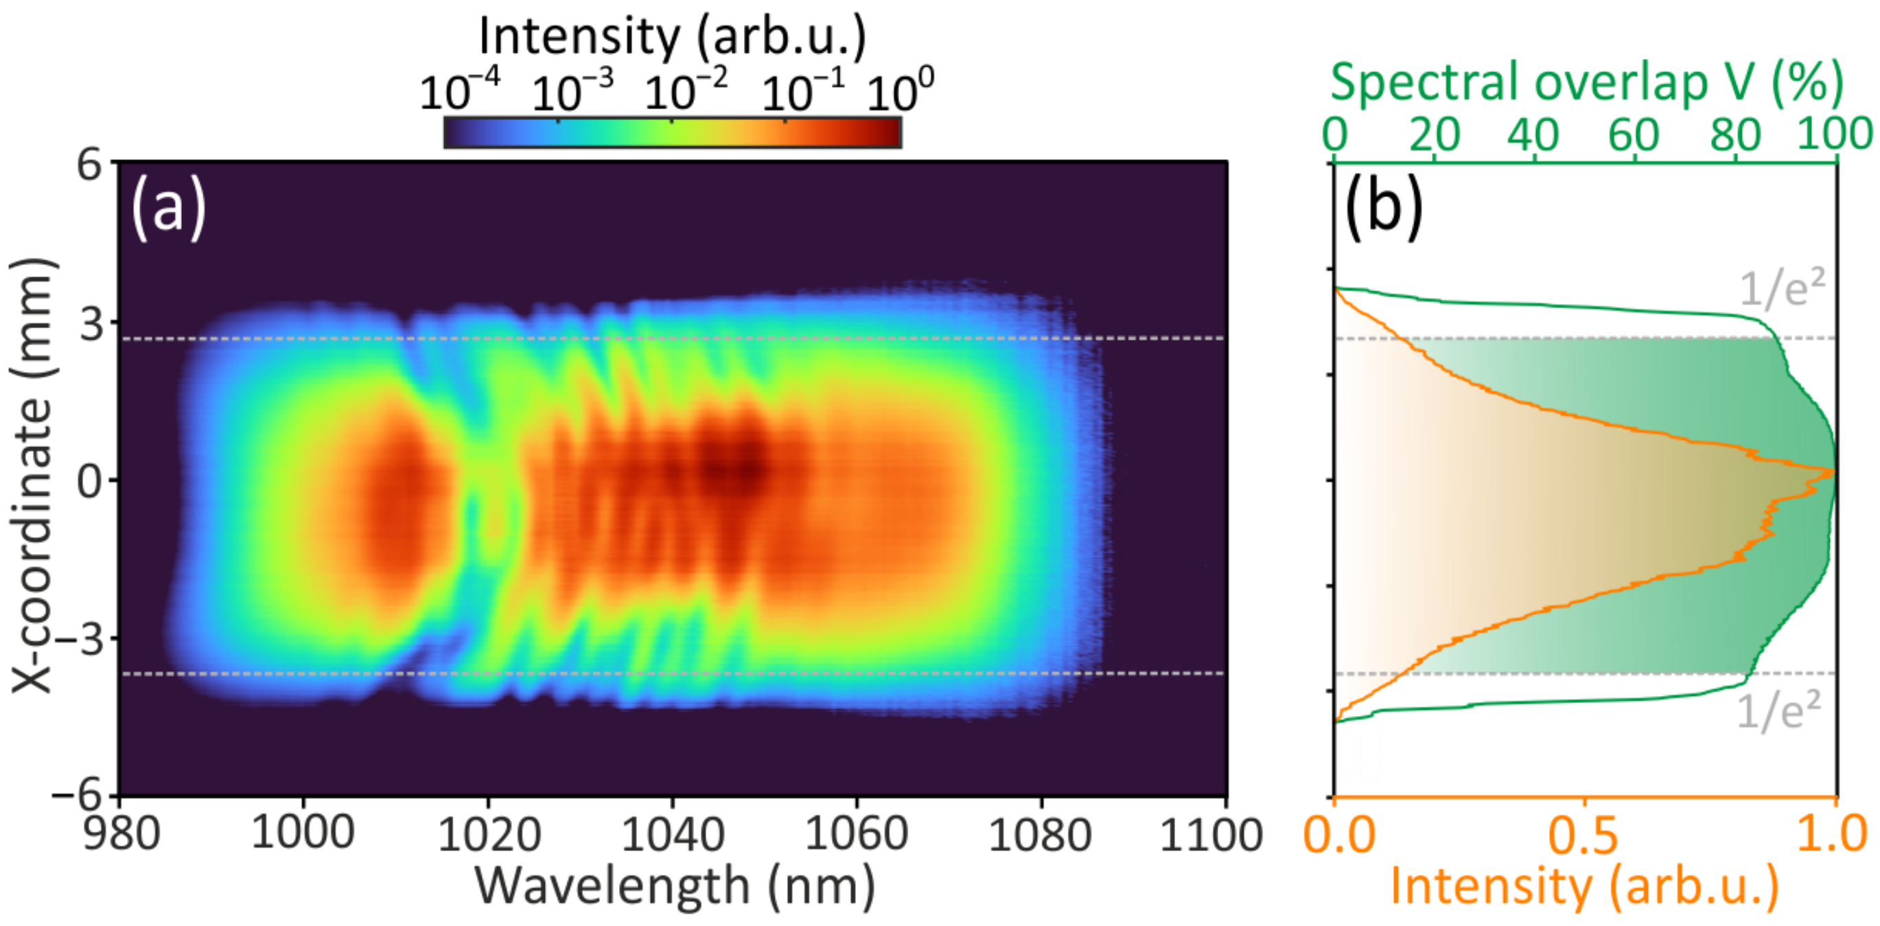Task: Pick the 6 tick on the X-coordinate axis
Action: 91,165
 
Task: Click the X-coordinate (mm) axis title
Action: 33,474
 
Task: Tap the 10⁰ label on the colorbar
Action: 899,92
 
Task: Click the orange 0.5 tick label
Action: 1583,835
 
